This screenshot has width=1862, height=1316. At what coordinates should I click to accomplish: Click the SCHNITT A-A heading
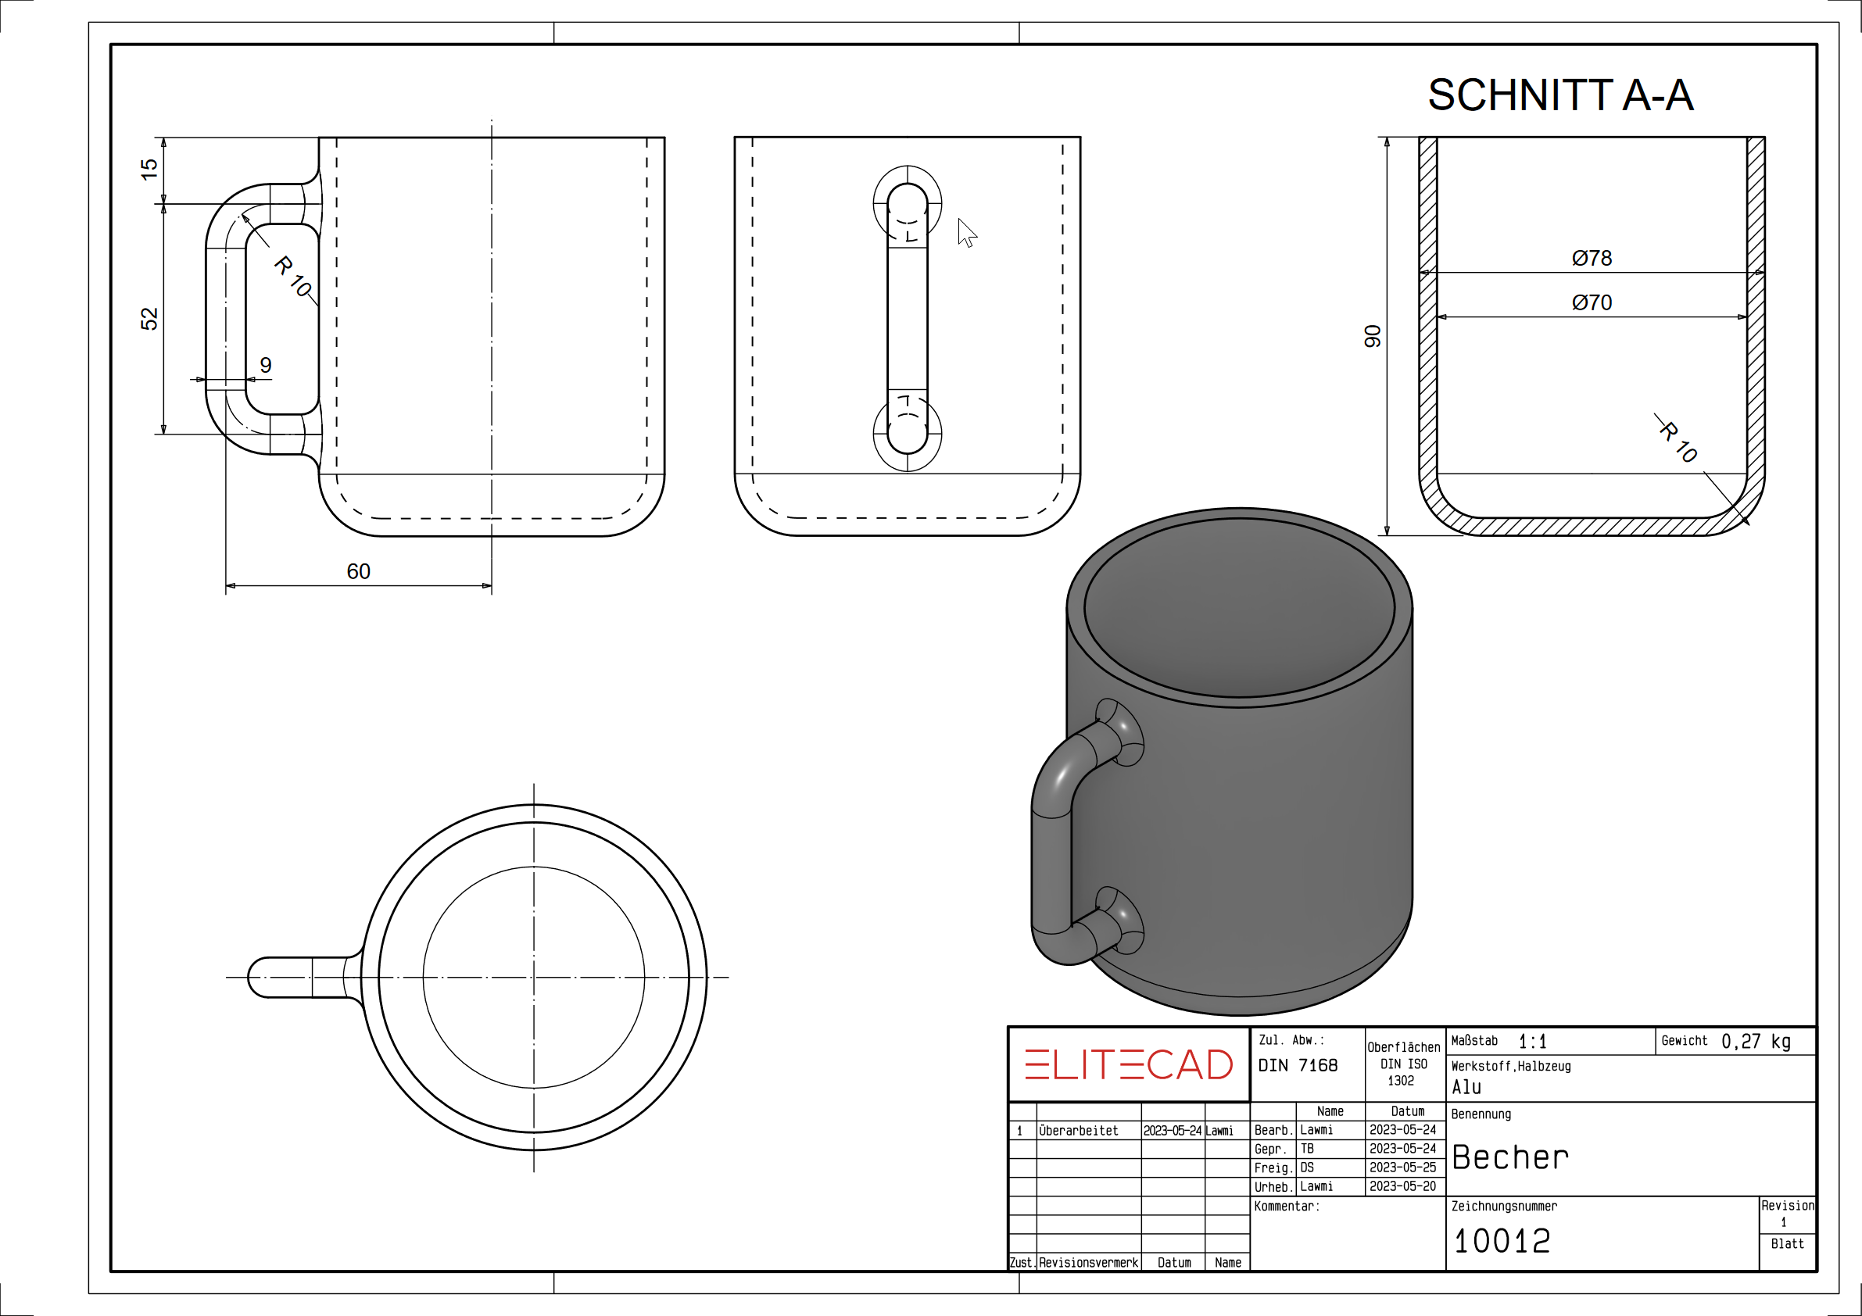(x=1560, y=95)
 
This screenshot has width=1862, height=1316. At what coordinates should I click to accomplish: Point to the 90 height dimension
(x=1371, y=336)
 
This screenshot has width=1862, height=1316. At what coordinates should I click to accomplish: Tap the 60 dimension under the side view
(x=359, y=571)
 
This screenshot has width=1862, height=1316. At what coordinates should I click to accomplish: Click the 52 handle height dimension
(x=149, y=319)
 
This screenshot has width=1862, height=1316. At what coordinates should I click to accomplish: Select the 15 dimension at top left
(x=149, y=170)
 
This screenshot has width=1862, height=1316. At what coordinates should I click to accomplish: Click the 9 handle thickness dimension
(x=266, y=365)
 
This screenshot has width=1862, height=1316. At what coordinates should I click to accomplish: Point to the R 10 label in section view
(x=1678, y=440)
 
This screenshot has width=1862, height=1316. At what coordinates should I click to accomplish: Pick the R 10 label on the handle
(x=294, y=276)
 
